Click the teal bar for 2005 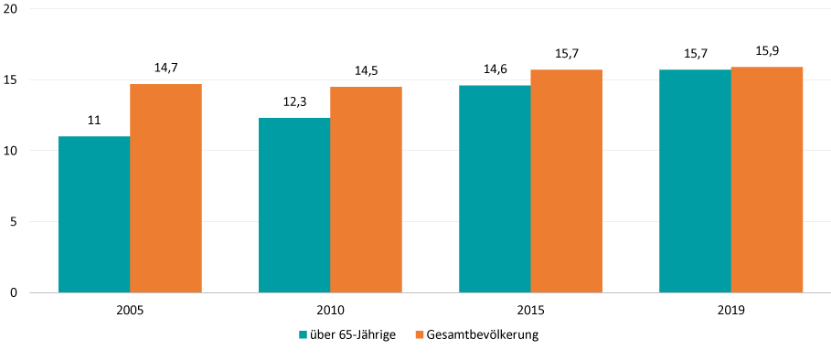tap(94, 215)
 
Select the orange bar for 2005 tap(165, 188)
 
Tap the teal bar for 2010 tap(294, 206)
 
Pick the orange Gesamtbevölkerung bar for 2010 tap(366, 190)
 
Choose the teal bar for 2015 tap(495, 189)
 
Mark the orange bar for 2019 tap(767, 180)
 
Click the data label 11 tap(94, 120)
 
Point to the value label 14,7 tap(165, 68)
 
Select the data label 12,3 tap(294, 101)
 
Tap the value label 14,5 tap(366, 70)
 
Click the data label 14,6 tap(495, 69)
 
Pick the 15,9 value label tap(767, 50)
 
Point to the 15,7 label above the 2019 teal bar tap(696, 53)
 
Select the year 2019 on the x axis tap(731, 311)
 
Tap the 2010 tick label tap(330, 311)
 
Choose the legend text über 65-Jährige tap(353, 335)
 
